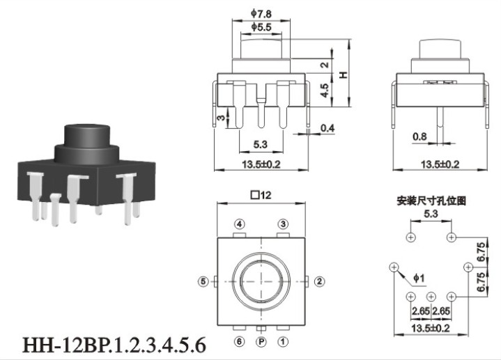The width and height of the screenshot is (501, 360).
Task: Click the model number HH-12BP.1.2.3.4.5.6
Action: pos(114,345)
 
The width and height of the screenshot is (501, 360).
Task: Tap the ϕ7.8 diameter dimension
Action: pos(261,14)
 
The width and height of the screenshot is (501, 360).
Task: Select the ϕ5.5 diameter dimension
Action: pos(261,27)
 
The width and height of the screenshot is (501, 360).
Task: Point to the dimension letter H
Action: pos(343,75)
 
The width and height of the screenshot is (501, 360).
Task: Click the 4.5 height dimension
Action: pos(325,91)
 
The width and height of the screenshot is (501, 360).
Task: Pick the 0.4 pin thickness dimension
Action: pos(327,128)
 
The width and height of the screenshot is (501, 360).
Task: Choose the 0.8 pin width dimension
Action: pos(419,136)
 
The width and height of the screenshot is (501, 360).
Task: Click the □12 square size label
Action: pos(261,195)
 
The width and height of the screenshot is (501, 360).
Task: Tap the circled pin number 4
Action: pos(239,224)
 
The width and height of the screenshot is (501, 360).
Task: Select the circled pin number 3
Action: pos(283,224)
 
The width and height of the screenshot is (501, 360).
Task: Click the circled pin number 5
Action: pos(203,281)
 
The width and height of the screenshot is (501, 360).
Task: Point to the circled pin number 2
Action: pos(320,281)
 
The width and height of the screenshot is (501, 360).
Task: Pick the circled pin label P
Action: pos(261,342)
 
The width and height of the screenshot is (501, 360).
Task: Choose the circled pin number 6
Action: pos(239,342)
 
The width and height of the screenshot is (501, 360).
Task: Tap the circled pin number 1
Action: pos(283,342)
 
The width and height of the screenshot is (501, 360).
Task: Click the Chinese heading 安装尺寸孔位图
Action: pos(431,201)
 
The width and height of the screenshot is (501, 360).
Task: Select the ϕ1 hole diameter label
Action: pos(419,279)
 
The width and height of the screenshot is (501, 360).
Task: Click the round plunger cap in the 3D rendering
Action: pos(87,135)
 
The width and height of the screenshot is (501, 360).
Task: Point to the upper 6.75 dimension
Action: pos(481,251)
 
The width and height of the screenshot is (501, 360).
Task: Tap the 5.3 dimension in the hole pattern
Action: pos(431,213)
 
